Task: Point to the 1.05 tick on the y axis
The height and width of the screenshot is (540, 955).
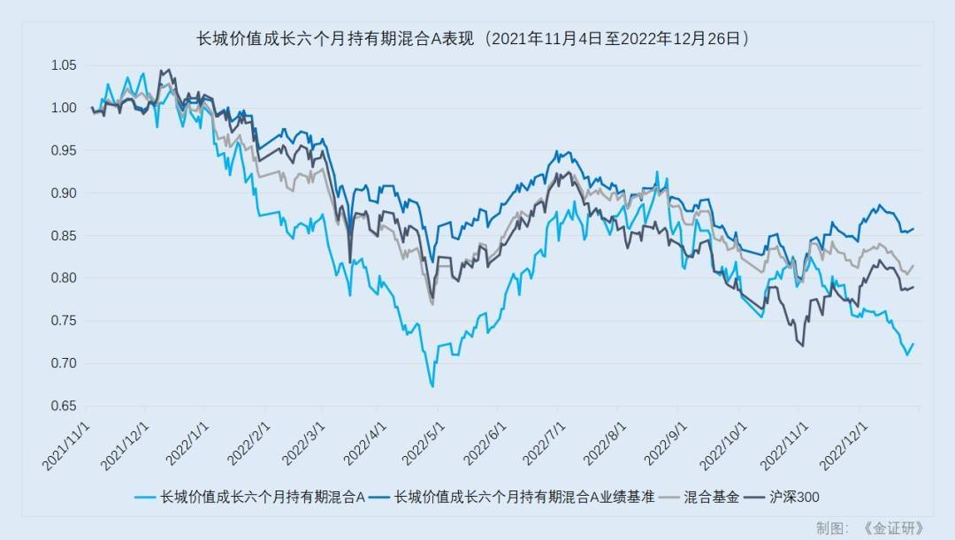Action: pos(63,65)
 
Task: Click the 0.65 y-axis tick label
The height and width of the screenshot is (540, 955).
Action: pos(63,406)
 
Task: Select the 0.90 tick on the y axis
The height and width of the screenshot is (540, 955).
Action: pos(63,193)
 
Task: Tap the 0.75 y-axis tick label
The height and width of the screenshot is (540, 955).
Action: pos(63,321)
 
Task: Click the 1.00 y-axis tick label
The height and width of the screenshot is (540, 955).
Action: pos(63,108)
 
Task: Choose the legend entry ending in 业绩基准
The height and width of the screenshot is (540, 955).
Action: pos(524,498)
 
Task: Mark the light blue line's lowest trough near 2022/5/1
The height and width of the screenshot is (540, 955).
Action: pos(432,386)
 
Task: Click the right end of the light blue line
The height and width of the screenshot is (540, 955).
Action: pos(913,344)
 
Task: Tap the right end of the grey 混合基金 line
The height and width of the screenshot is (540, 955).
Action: pos(913,265)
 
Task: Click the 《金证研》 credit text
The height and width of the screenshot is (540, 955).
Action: pos(892,529)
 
